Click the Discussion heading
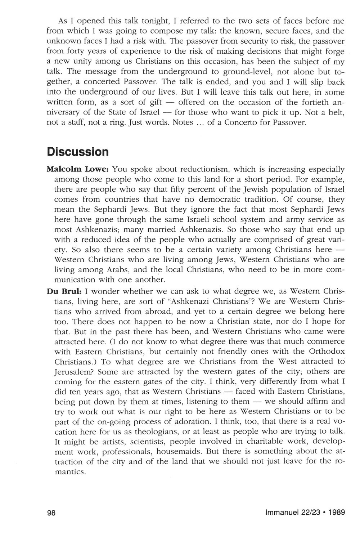tap(78, 152)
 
